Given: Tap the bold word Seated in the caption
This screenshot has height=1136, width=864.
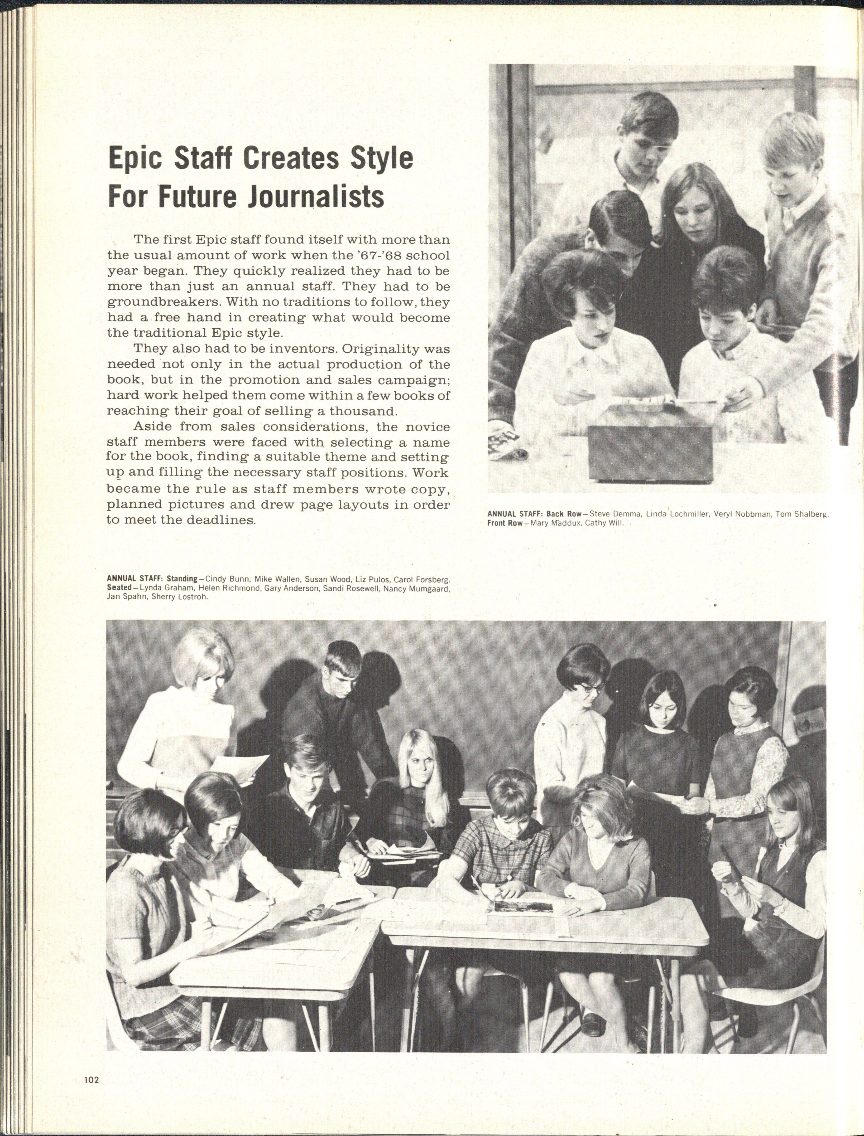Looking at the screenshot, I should [119, 588].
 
